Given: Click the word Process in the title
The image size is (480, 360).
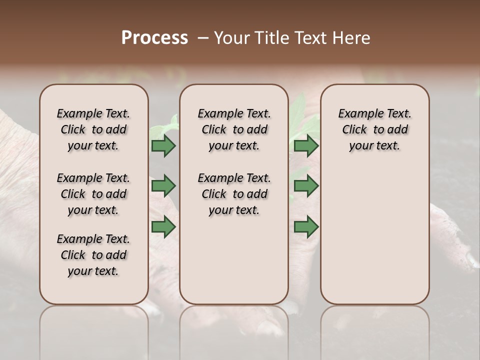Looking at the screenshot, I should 154,38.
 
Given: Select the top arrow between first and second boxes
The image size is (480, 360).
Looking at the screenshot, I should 163,146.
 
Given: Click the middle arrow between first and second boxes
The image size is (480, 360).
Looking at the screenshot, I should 163,186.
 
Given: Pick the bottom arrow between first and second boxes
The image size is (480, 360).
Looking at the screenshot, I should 163,226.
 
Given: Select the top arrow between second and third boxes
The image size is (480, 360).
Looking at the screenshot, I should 306,146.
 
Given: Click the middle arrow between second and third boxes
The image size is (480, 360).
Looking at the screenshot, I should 306,186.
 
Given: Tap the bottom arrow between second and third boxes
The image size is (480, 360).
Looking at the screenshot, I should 306,226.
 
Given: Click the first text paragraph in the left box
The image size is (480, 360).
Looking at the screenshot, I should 93,129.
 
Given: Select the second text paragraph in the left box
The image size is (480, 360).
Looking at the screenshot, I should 93,194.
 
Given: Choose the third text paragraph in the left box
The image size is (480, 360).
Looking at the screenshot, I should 93,255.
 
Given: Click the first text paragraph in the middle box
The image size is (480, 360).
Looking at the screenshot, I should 234,129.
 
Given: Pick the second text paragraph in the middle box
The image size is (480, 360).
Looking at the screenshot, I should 234,194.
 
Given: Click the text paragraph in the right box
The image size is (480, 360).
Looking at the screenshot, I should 374,129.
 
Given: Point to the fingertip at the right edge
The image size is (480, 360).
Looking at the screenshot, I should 471,260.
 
